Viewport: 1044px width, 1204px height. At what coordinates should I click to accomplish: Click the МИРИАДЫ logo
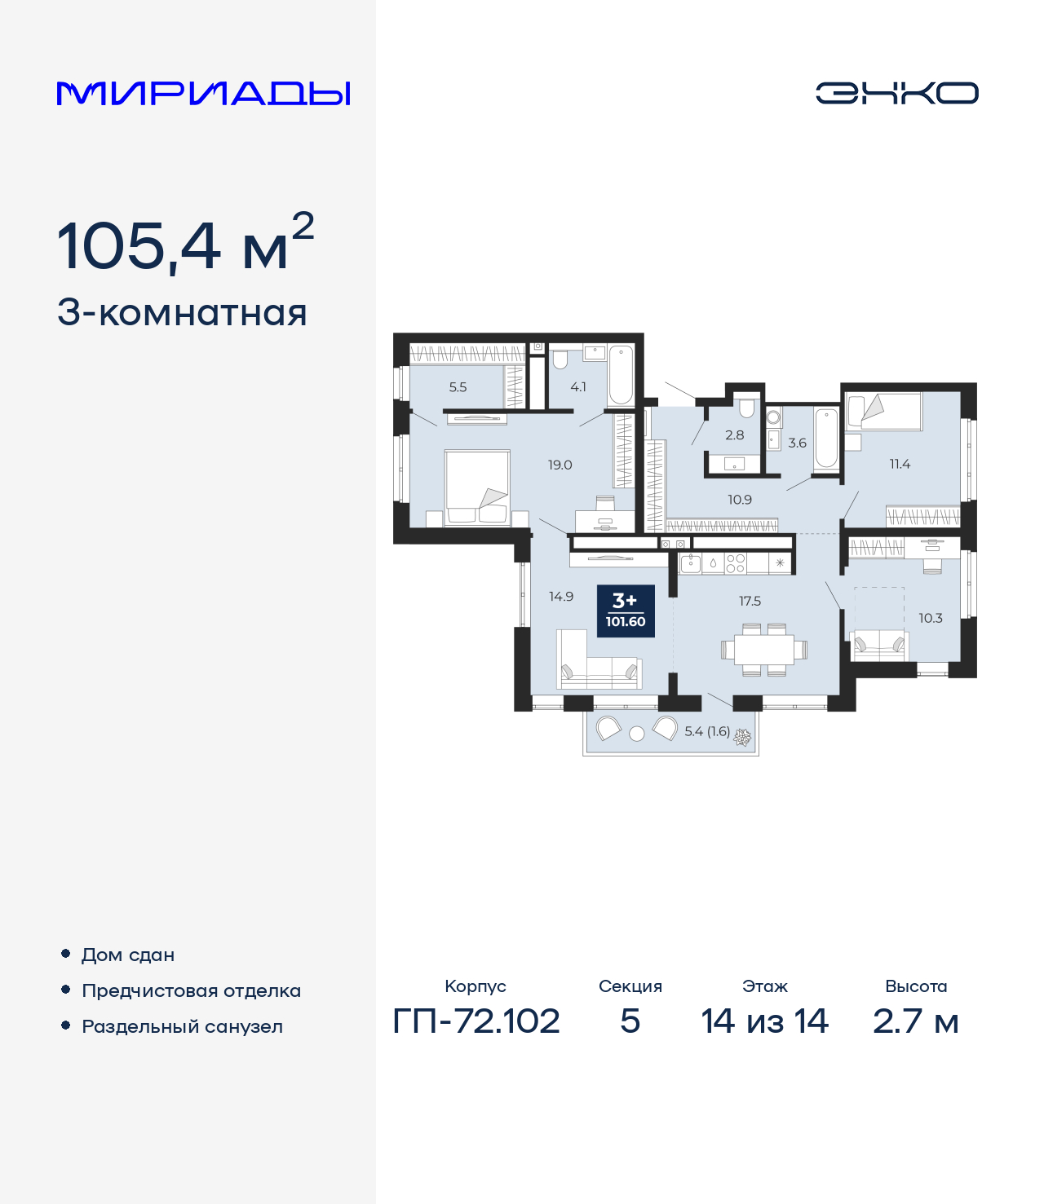204,93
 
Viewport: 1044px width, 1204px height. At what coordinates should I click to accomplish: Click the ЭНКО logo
896,93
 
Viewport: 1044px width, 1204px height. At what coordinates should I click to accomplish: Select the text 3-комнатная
182,313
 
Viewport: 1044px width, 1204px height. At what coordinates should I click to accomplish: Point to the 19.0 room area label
560,465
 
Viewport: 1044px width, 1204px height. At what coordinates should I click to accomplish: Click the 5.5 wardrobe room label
458,387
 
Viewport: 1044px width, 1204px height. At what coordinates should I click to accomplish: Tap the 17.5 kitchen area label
750,601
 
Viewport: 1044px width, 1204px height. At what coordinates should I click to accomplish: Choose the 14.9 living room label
561,596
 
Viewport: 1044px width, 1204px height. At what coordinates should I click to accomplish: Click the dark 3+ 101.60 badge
626,611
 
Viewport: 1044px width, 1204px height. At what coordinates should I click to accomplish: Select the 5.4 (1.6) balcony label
707,731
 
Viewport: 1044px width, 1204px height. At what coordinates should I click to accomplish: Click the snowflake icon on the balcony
742,737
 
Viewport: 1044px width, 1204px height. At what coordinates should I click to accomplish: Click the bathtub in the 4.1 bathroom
621,375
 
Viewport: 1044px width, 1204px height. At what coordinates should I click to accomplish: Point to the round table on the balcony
637,734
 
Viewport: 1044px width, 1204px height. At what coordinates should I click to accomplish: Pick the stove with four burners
735,563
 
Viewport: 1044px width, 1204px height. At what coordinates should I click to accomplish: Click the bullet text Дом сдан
128,955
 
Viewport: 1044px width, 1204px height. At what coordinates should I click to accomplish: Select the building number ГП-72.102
476,1021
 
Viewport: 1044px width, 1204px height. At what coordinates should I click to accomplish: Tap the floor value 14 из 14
764,1021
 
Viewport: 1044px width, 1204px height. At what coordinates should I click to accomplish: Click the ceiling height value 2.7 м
915,1021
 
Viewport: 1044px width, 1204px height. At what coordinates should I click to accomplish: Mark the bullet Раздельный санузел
182,1026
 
